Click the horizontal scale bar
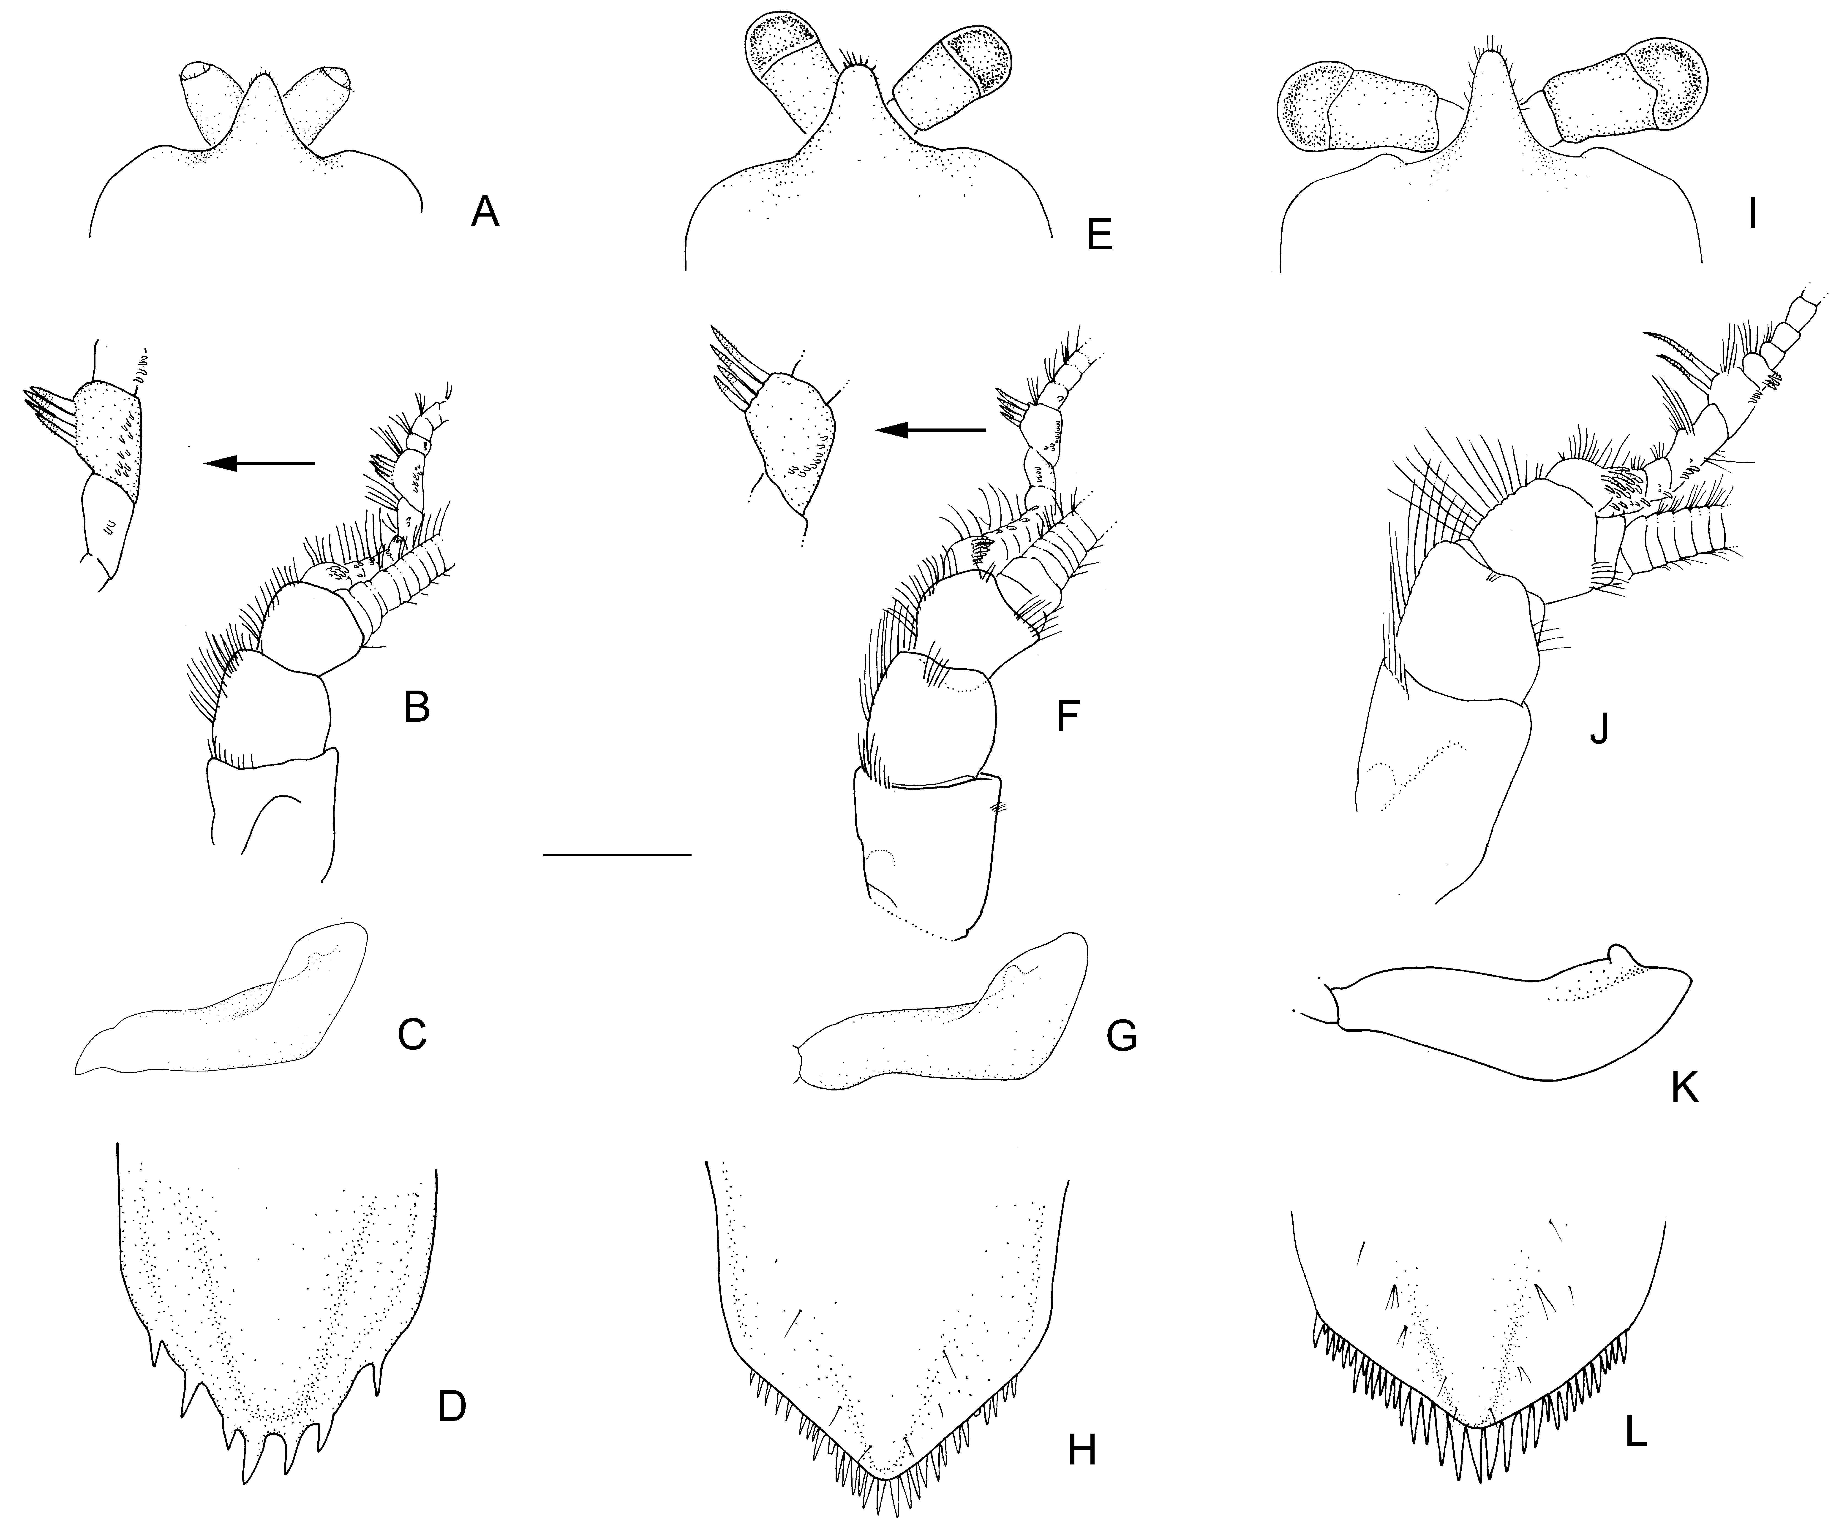[617, 854]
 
